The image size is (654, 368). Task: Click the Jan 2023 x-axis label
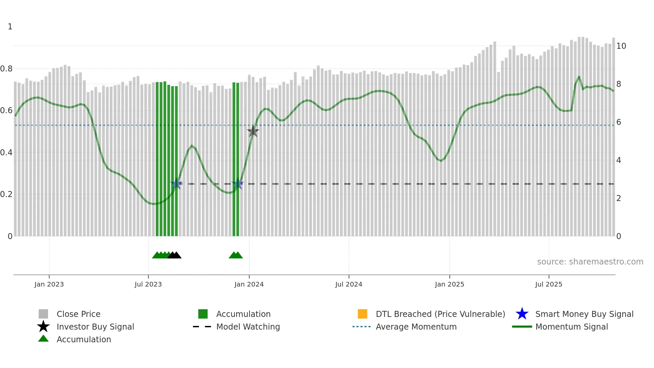49,284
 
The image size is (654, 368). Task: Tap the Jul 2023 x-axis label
148,284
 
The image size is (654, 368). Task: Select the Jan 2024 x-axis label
249,284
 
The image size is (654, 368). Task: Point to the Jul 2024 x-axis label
349,284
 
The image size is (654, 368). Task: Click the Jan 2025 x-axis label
449,284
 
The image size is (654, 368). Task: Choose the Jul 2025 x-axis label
549,284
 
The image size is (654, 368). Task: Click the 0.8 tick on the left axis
6,69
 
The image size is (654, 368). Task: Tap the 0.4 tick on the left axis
6,153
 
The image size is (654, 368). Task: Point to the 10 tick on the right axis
621,46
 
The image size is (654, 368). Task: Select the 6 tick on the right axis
619,122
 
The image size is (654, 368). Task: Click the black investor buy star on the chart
253,131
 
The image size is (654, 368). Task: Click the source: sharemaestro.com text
590,262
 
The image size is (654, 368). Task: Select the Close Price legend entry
78,314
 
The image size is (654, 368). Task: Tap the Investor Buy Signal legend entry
95,327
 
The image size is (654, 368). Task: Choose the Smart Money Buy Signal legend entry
584,314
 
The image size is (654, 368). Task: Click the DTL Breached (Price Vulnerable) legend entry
440,314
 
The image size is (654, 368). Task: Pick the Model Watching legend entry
248,327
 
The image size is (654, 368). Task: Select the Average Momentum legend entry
416,327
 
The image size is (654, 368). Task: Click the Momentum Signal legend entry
572,327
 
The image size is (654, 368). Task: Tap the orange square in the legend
362,314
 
